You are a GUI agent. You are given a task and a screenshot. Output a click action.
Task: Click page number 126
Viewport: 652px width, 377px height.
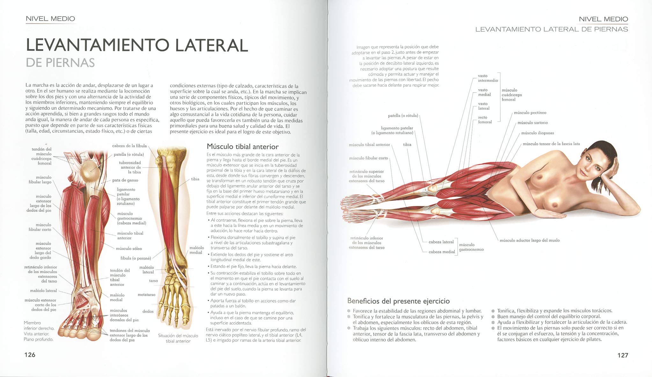tap(30, 355)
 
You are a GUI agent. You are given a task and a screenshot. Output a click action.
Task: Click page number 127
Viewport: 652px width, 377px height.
tap(623, 355)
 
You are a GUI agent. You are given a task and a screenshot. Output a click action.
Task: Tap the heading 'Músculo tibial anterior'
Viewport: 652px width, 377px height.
tap(243, 147)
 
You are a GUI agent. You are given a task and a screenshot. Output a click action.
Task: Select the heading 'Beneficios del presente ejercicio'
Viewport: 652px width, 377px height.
tap(398, 301)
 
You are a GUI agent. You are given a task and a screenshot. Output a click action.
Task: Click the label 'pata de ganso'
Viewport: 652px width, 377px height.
tap(125, 180)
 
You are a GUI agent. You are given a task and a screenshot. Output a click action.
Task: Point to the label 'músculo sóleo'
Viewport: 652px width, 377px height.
tap(129, 248)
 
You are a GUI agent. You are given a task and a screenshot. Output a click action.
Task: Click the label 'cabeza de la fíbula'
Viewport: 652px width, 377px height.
tap(129, 146)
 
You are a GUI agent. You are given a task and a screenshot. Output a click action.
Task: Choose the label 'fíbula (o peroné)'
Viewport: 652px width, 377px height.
tap(136, 258)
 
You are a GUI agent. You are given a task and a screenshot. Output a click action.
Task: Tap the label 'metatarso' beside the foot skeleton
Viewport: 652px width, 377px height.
tap(146, 295)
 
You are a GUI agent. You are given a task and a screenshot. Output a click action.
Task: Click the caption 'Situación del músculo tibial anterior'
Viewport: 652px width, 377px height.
tap(178, 338)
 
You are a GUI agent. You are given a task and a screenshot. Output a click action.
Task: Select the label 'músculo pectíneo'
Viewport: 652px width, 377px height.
tap(530, 113)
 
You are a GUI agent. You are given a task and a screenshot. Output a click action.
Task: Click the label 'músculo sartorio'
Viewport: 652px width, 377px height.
tap(532, 123)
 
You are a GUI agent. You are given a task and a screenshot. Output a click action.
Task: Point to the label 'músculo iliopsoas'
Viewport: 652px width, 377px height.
tap(538, 133)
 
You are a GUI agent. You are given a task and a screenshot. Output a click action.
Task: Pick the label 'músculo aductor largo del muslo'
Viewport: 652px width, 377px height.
tap(530, 240)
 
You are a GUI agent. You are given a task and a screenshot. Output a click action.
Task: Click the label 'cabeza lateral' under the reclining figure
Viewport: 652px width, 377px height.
tap(441, 242)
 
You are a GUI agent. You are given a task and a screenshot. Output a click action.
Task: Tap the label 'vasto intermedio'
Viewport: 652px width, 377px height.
tap(487, 78)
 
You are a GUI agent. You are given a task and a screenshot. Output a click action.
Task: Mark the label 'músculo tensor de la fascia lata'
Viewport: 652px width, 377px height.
tap(551, 144)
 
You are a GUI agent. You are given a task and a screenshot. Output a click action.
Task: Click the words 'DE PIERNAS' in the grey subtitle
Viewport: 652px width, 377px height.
tap(60, 63)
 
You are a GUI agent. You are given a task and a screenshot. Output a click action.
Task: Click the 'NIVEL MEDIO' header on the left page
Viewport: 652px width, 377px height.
tap(50, 19)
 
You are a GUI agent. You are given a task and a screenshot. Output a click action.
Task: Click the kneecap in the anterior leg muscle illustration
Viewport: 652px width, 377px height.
tap(89, 170)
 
